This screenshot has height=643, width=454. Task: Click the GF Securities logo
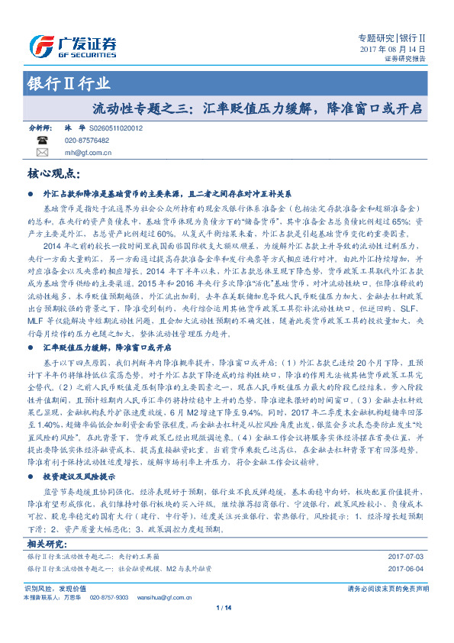coord(72,44)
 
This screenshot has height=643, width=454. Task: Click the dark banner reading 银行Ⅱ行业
coord(56,84)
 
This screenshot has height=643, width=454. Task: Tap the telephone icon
coord(41,141)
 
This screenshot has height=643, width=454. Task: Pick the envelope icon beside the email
coord(41,152)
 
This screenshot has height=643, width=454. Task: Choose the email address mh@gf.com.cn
coord(88,152)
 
